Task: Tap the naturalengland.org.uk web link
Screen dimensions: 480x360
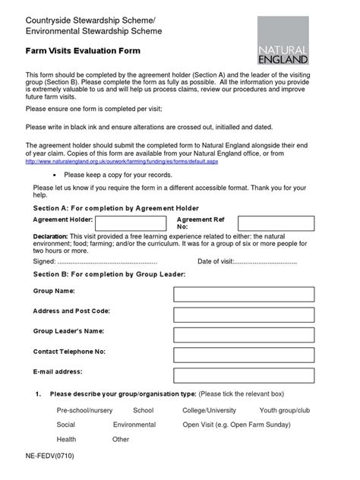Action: pos(125,162)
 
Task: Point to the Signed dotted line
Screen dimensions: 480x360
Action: pos(112,261)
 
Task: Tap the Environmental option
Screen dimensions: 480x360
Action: pos(134,425)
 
